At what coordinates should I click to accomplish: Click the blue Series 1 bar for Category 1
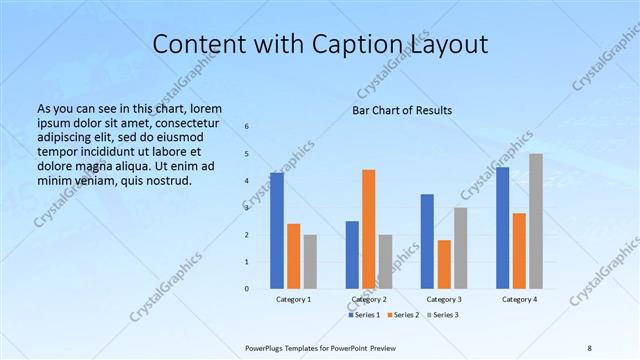277,231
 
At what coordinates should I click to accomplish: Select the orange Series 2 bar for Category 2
369,229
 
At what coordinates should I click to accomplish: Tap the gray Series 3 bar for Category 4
536,221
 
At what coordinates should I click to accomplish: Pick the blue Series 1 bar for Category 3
427,241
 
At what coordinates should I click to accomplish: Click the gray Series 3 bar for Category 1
310,262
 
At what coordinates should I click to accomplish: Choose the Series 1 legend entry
363,315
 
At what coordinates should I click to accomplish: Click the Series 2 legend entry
401,315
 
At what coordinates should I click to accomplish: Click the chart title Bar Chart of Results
401,110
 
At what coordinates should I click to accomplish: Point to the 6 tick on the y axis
247,127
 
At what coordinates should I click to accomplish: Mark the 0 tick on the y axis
247,289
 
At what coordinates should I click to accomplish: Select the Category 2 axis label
369,299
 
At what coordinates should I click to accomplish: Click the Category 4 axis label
519,299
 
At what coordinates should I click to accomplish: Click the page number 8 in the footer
590,347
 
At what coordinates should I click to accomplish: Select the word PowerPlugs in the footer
268,347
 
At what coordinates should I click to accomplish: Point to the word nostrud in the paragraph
165,180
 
